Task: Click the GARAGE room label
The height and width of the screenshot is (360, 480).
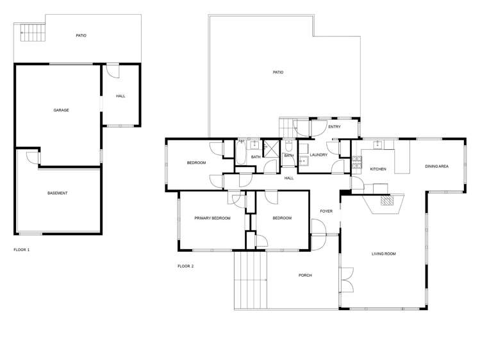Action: [61, 110]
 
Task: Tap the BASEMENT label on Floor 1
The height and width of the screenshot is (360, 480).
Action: [58, 193]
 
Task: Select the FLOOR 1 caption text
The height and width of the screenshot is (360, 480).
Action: [22, 249]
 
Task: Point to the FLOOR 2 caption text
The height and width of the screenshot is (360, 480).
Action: [185, 266]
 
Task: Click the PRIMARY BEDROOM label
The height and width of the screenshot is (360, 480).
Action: [212, 218]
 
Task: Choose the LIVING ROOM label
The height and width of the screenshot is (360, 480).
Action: [384, 254]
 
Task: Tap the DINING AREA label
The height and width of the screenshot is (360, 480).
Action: [436, 167]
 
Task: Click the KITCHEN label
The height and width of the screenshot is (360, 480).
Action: [378, 168]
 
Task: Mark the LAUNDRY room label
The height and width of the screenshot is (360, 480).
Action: [319, 155]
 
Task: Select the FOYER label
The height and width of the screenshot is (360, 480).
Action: [326, 211]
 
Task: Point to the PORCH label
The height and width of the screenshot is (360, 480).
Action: [305, 275]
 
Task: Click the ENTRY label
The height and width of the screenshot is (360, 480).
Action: [334, 127]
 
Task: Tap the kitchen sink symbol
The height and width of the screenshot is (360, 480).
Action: [379, 144]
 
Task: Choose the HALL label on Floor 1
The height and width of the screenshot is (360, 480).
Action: [120, 96]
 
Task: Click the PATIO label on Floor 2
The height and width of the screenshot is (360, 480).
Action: [278, 72]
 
